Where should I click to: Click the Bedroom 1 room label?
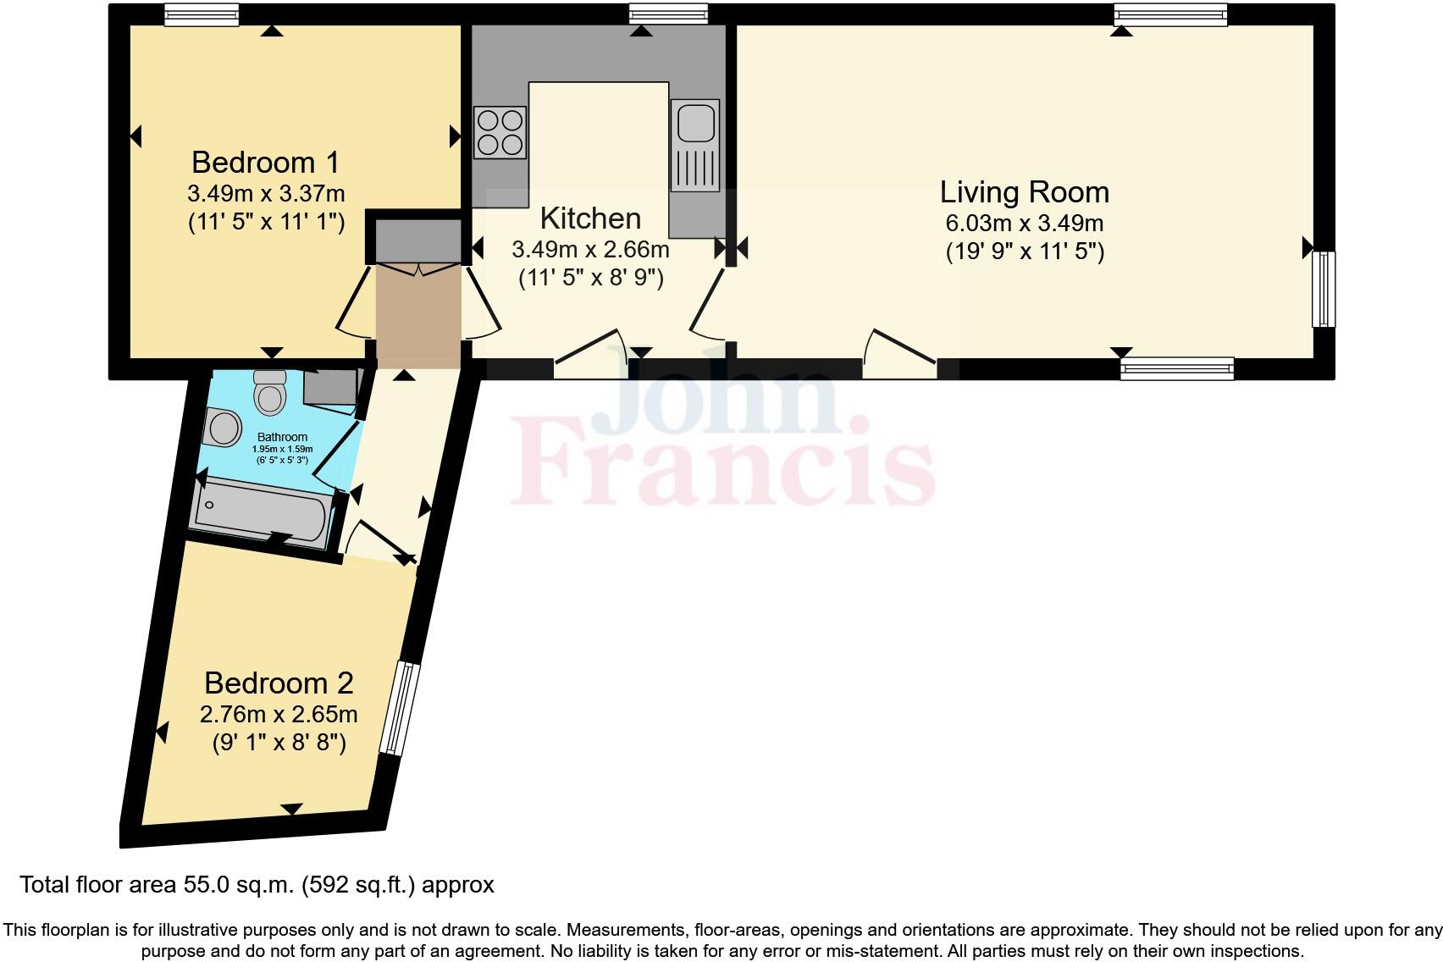265,163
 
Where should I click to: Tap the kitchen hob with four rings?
500,133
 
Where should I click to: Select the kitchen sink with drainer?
695,145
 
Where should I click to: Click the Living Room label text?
1025,192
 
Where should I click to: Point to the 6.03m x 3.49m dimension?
1025,223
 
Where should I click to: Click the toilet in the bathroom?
270,392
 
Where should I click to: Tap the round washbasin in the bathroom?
222,427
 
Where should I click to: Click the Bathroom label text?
282,437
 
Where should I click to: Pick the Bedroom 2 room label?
279,683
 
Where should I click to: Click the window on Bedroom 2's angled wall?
400,707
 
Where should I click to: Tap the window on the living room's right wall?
1324,290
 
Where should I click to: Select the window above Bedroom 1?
202,14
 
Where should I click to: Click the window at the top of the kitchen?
668,14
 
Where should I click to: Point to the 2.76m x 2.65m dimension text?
279,715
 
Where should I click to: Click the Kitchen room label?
591,218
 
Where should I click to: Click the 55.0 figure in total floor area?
206,885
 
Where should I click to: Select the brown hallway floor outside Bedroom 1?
418,316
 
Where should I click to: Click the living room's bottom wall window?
1177,368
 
